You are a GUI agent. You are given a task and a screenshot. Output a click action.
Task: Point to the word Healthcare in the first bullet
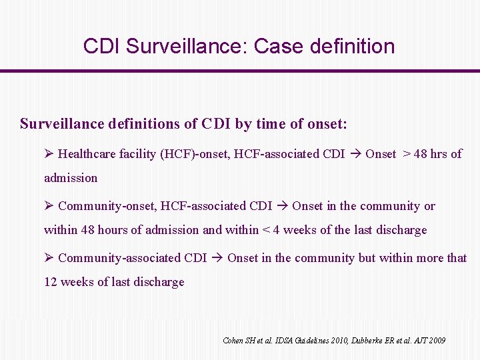point(87,154)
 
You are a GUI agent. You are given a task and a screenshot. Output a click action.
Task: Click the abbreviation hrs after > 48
point(439,154)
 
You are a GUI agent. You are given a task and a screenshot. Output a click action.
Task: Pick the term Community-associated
point(119,258)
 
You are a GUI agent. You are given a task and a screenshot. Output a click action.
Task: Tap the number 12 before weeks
point(51,282)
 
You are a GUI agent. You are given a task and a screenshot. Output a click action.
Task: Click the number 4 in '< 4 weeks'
point(275,230)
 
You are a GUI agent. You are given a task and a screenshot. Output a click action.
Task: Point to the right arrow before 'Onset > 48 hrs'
point(355,154)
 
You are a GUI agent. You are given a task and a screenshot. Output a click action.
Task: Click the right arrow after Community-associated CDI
point(217,258)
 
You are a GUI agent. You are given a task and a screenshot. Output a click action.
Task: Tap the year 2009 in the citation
point(437,341)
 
